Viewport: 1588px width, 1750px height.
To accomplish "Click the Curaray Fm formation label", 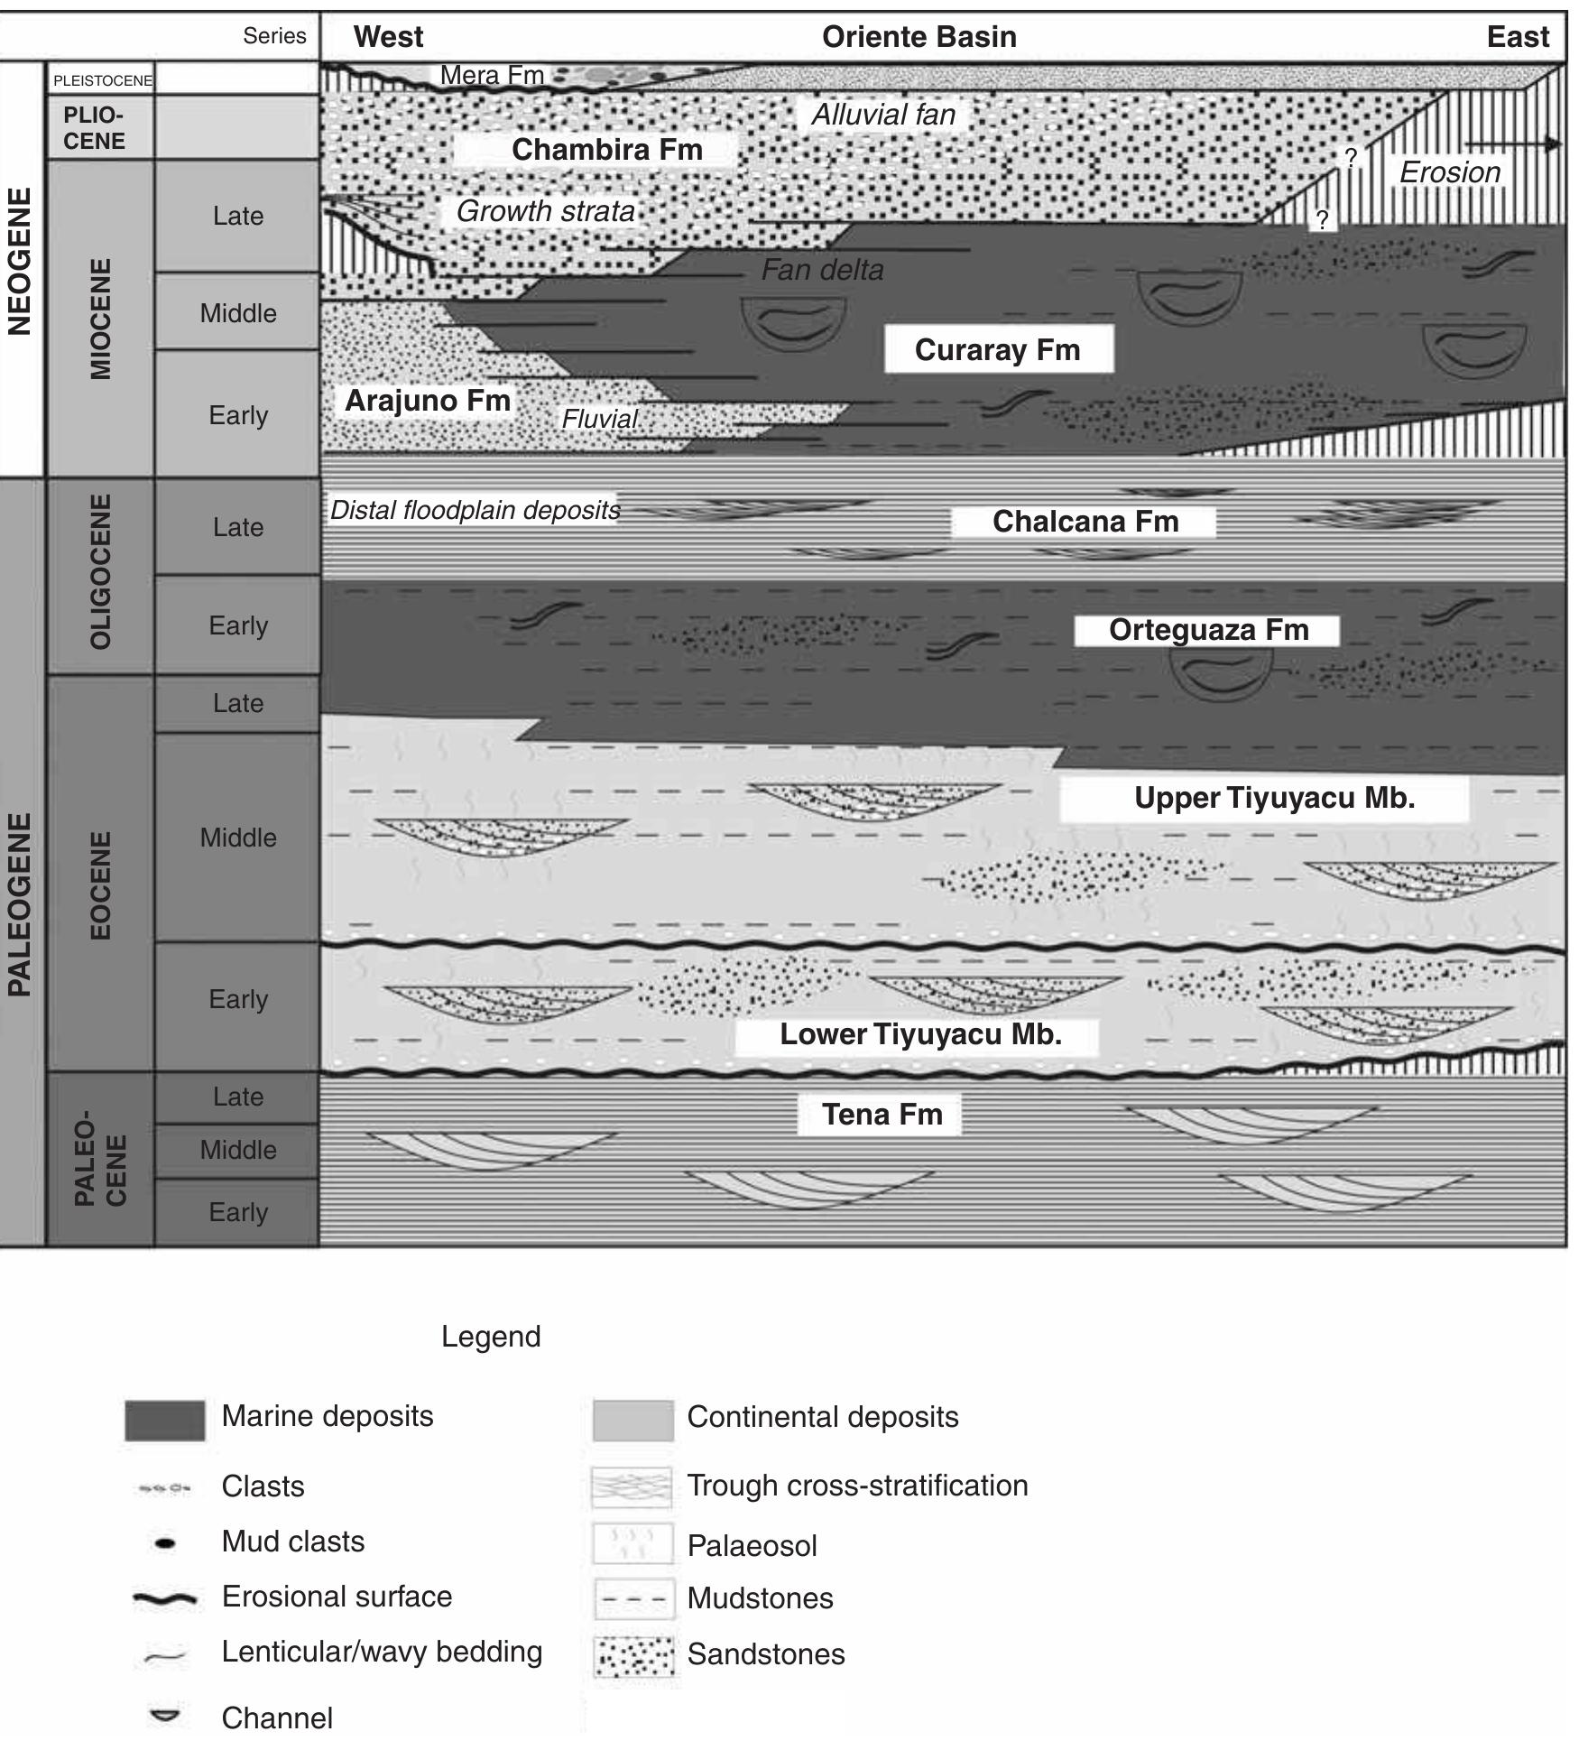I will [997, 349].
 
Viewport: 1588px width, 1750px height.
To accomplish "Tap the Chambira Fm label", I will [606, 149].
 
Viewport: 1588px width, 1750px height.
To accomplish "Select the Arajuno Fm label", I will [428, 400].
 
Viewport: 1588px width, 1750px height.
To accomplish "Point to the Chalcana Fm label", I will [1085, 521].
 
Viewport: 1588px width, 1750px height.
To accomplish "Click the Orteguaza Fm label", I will [1208, 629].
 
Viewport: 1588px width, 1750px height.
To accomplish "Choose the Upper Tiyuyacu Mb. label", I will [1273, 798].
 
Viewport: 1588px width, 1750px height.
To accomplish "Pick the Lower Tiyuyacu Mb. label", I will [919, 1033].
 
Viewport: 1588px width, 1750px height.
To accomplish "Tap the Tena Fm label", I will [882, 1114].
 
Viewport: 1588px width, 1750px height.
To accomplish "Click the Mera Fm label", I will [492, 75].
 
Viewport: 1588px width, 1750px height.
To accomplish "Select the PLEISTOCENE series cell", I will [102, 80].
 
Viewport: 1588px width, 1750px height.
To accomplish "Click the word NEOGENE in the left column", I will [20, 262].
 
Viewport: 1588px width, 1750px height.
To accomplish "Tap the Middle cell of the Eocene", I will [238, 838].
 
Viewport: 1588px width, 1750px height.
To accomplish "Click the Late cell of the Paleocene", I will [238, 1097].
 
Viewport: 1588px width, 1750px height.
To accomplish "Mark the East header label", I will [1518, 37].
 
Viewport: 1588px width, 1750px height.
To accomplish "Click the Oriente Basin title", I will [919, 37].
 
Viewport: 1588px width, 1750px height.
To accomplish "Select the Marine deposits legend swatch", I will [164, 1420].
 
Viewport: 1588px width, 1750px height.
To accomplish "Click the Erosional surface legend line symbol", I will [164, 1598].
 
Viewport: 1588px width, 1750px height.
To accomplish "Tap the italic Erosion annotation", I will [1449, 172].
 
